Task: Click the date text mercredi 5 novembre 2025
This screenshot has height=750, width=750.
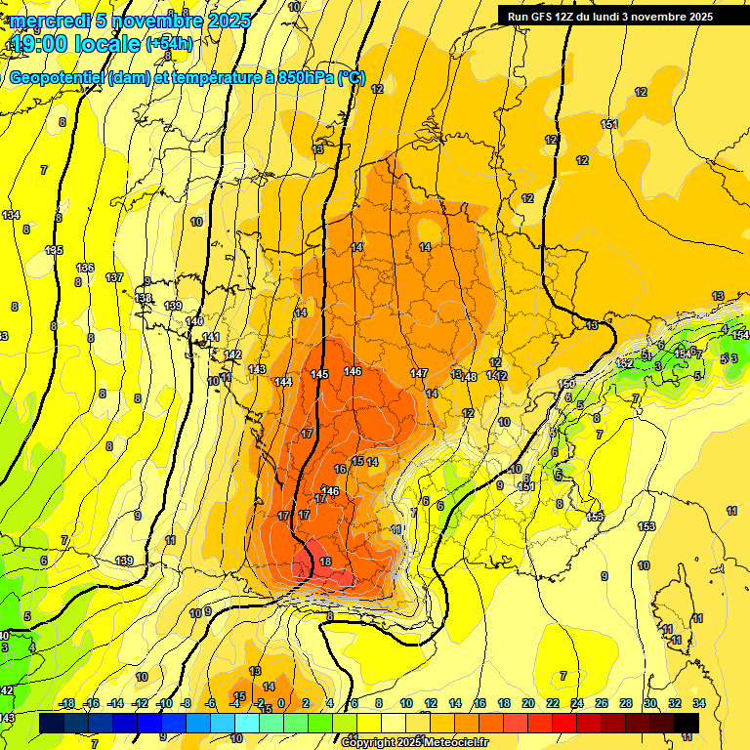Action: (x=131, y=21)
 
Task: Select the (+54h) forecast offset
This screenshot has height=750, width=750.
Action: (x=169, y=43)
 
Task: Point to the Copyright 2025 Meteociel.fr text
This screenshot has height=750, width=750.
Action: (x=415, y=742)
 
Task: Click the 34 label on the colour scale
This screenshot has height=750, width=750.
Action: (x=699, y=704)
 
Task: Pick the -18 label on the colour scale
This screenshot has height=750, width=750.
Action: (x=67, y=704)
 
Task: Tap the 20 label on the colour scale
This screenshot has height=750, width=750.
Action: (x=528, y=704)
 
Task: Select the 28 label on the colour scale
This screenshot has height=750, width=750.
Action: (x=626, y=704)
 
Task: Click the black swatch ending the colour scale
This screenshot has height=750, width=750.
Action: (x=687, y=723)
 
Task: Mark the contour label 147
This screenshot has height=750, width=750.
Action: (x=419, y=374)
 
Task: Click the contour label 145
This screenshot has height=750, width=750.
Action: (x=319, y=375)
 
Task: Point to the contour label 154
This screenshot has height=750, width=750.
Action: (x=740, y=336)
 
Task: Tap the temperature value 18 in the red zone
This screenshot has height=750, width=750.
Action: (x=326, y=562)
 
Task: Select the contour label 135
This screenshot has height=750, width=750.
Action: (x=54, y=251)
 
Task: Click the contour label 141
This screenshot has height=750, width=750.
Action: (x=210, y=338)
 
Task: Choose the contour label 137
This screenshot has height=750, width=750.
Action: (x=114, y=278)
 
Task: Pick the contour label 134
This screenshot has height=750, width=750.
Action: (x=11, y=215)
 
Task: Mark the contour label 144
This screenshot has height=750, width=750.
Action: (x=283, y=382)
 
